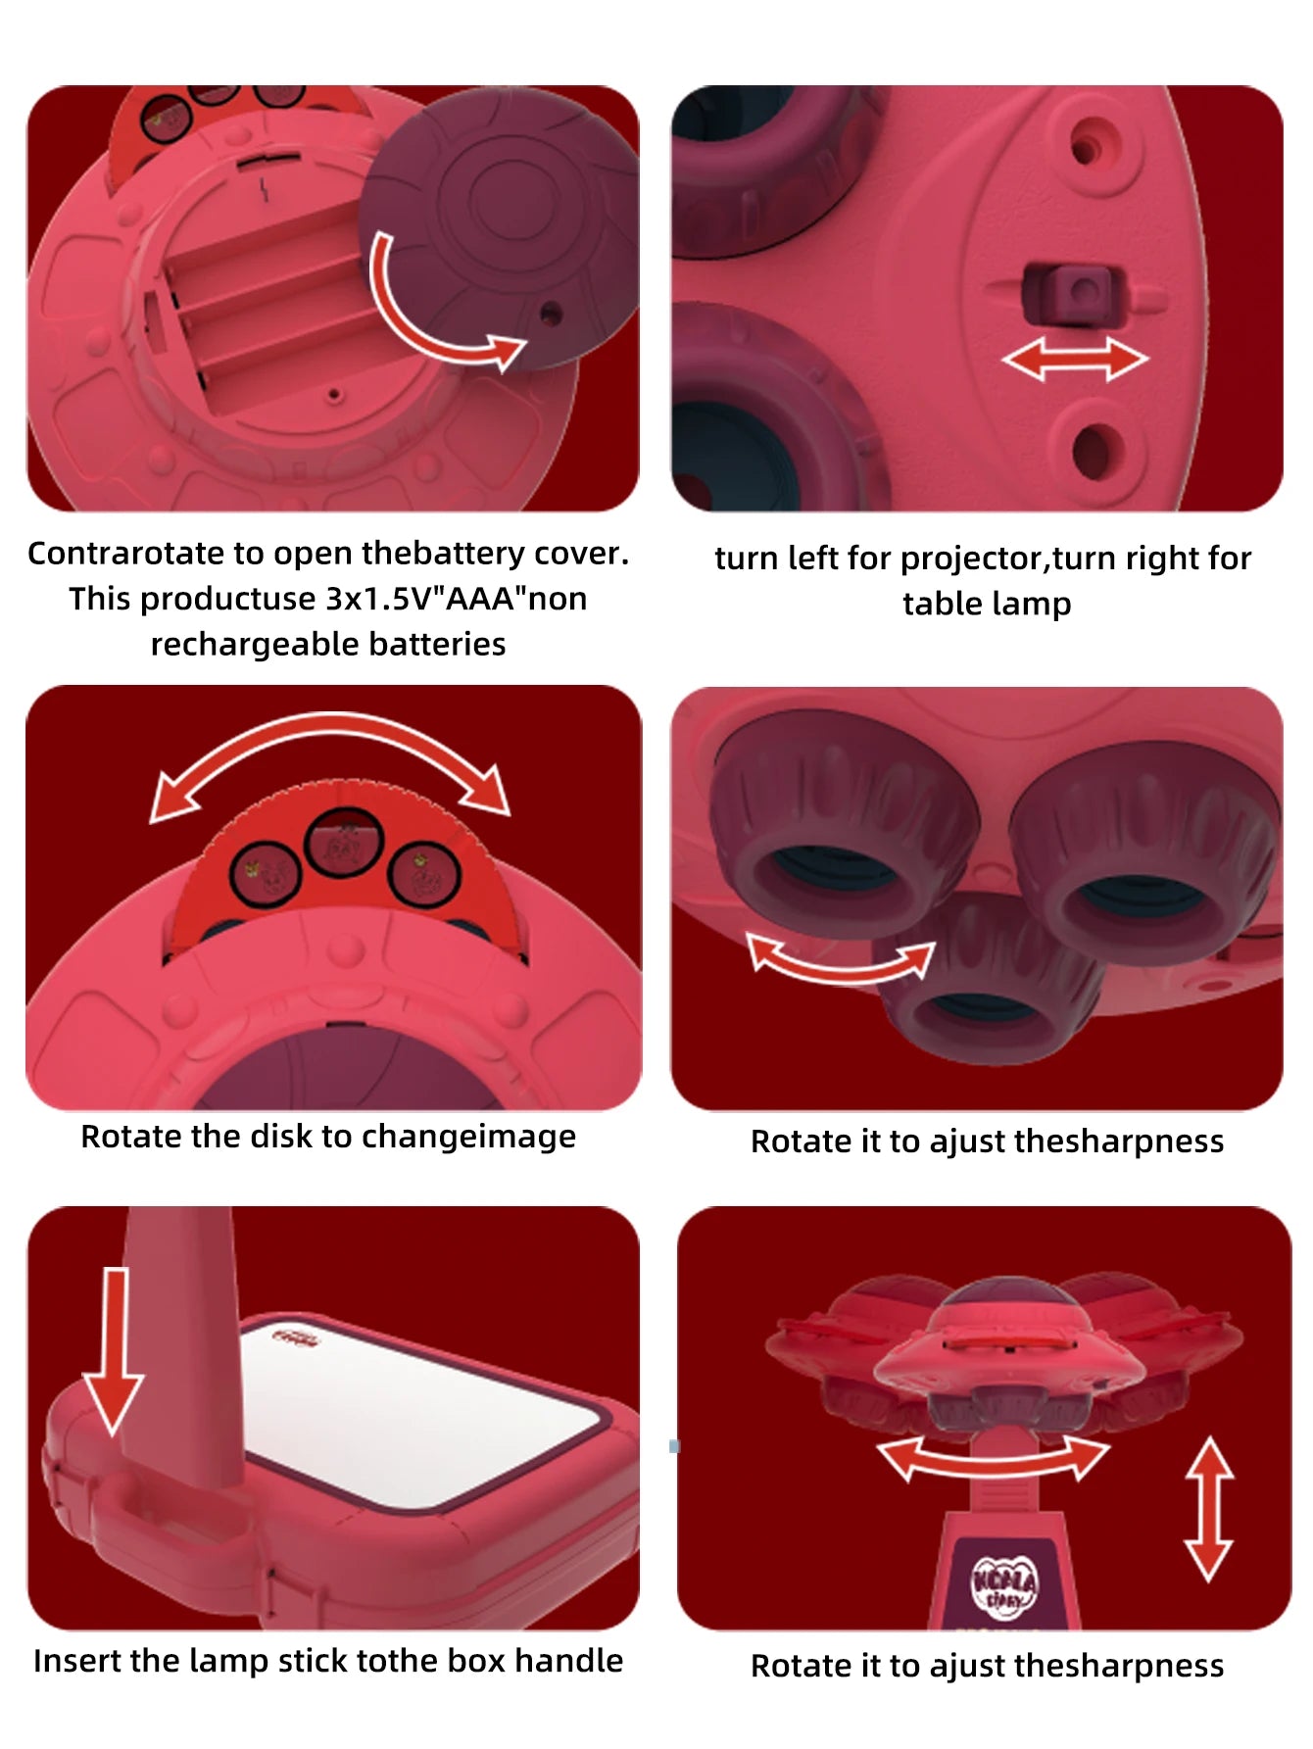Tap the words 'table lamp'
[x=987, y=605]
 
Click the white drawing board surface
[x=426, y=1401]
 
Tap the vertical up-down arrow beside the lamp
[x=1208, y=1509]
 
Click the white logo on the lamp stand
[x=1004, y=1585]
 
